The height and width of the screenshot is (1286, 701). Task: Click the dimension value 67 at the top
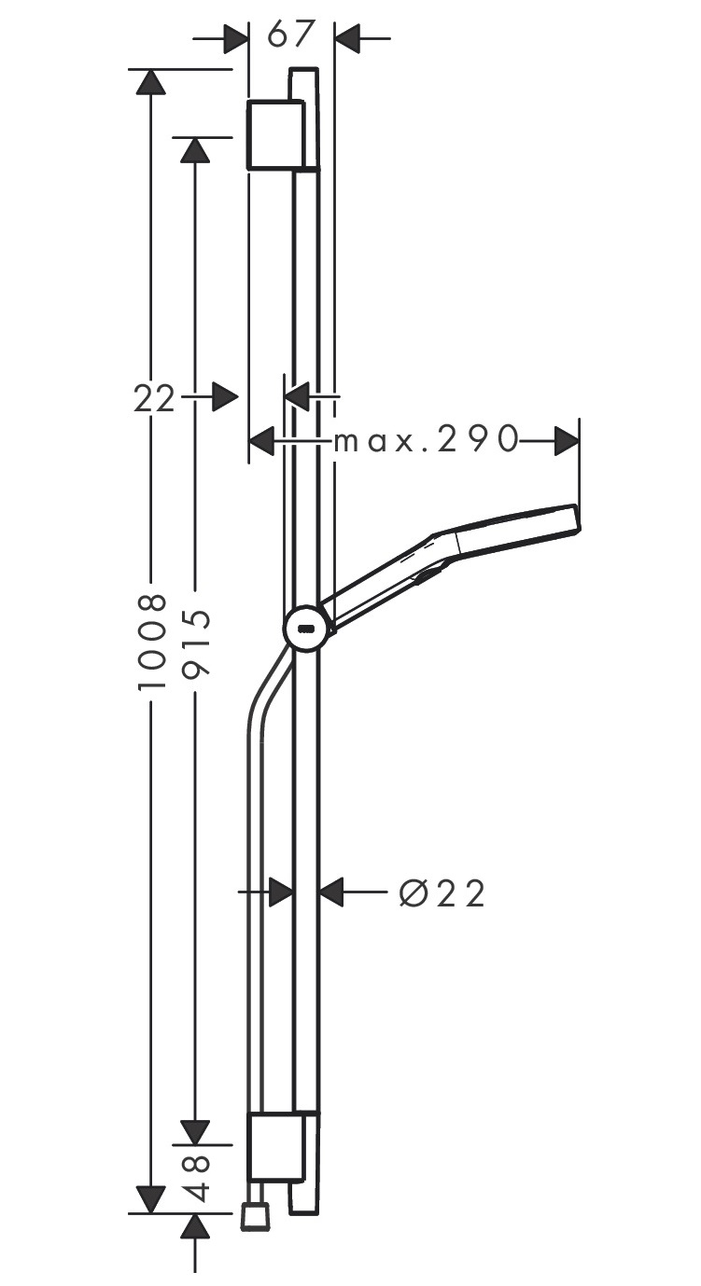coord(292,34)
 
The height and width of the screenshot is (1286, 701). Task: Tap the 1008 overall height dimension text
coord(153,642)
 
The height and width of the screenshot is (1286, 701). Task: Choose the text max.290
coord(426,440)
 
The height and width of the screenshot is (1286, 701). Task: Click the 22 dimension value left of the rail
coord(154,398)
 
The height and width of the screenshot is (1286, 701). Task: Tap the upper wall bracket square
coord(275,134)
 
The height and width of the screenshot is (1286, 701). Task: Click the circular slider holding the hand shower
coord(306,628)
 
